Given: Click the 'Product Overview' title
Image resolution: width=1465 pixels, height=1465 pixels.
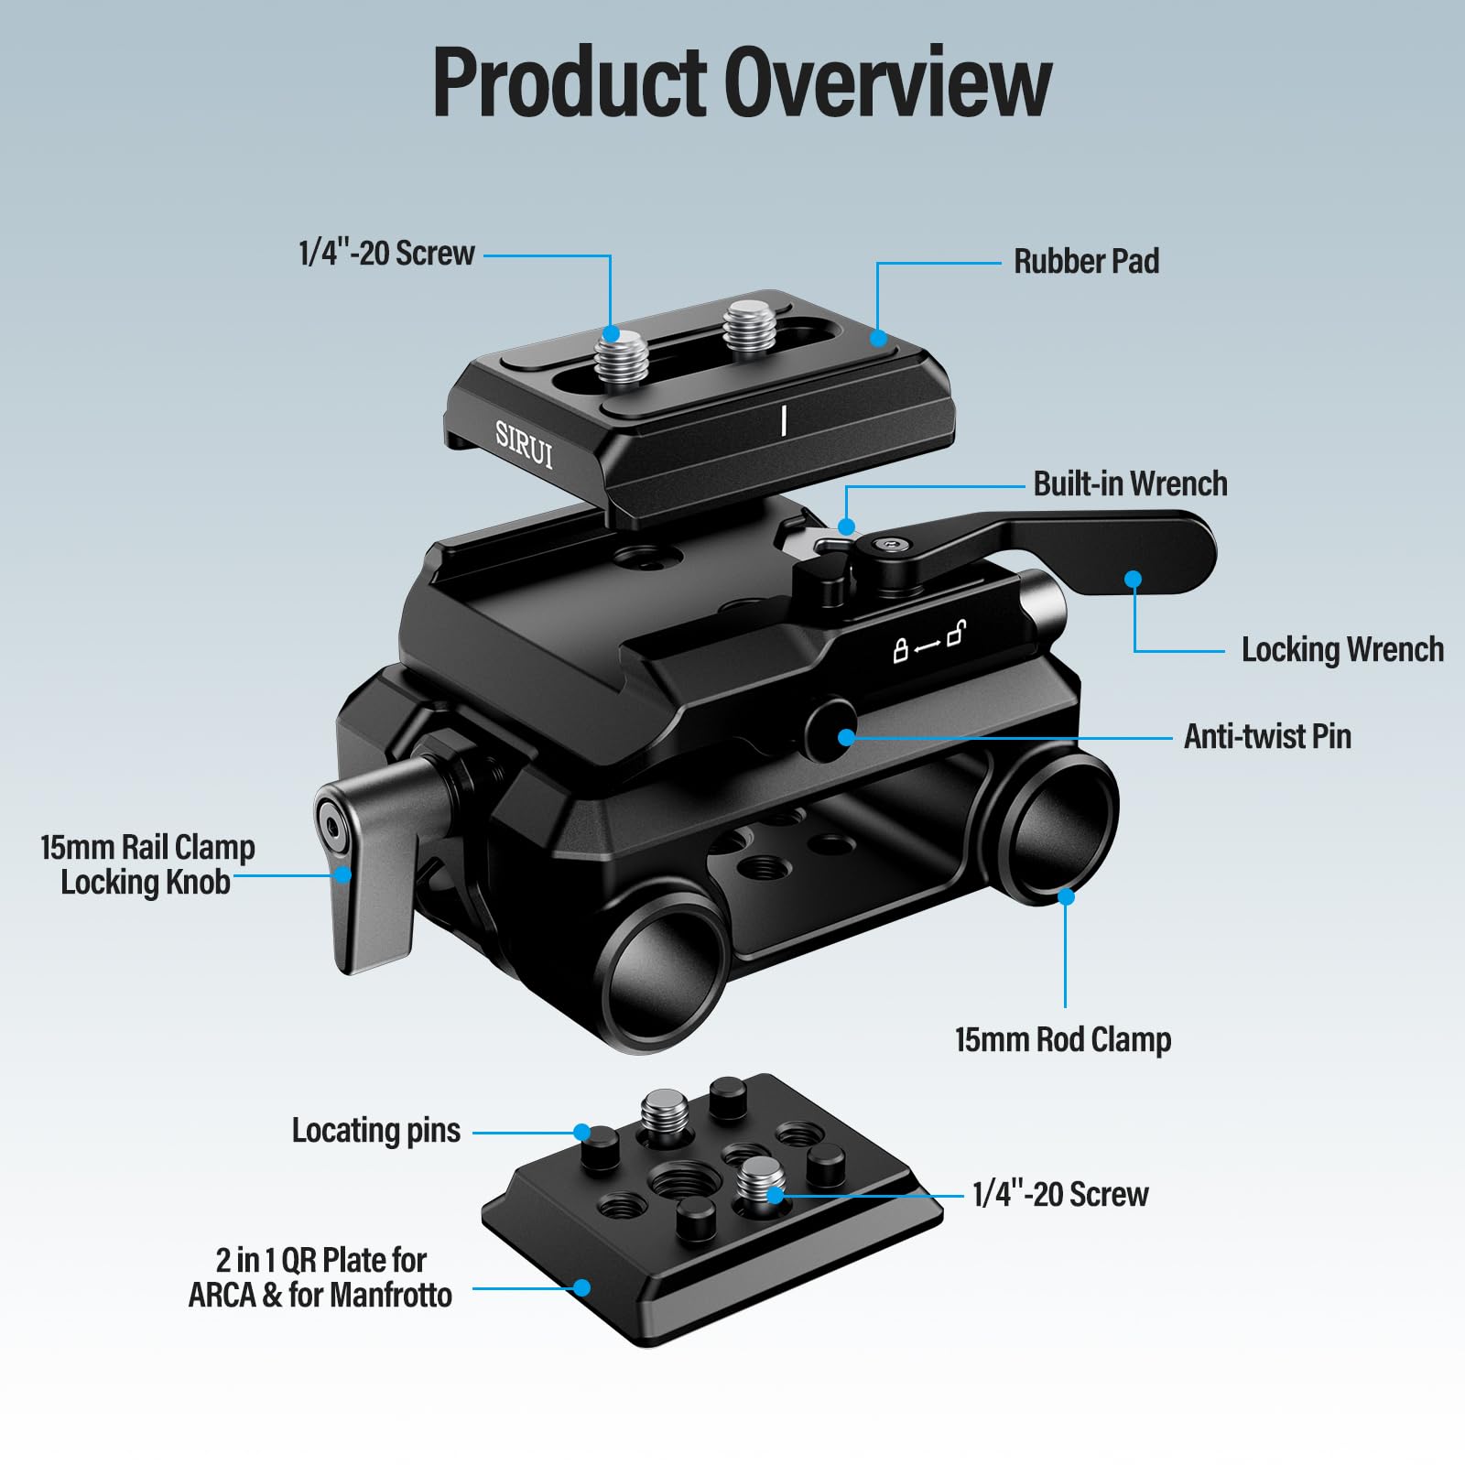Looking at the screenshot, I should (x=741, y=82).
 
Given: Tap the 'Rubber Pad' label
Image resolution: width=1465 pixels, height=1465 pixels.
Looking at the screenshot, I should (x=1086, y=262).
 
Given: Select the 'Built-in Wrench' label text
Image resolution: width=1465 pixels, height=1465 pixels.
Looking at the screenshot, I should (x=1130, y=483).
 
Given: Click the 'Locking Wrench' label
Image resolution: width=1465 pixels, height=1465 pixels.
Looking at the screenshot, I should (x=1341, y=649).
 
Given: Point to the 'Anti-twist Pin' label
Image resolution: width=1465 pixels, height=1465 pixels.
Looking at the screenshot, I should (x=1267, y=736).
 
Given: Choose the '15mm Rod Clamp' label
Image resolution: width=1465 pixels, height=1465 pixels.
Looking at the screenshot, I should (x=1062, y=1039).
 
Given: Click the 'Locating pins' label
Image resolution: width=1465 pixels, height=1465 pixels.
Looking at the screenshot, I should (x=375, y=1131).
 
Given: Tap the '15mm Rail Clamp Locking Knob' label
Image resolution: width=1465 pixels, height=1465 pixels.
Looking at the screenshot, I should (x=146, y=864).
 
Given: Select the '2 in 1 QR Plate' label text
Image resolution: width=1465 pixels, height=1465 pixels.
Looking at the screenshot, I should (x=320, y=1277).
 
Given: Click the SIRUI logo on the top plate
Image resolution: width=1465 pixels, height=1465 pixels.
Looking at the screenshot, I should (x=524, y=445).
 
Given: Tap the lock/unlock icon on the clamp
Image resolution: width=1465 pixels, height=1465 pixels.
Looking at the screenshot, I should (x=928, y=641).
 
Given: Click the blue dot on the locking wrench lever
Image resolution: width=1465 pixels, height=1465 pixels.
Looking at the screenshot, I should (x=1134, y=579).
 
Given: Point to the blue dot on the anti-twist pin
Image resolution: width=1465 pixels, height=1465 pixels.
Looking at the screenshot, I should (x=847, y=736).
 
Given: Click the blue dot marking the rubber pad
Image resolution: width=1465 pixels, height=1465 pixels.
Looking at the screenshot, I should (x=878, y=338).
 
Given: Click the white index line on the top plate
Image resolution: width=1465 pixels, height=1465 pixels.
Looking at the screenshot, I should (x=784, y=420).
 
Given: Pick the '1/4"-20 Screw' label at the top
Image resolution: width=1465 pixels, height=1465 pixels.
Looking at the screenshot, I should (x=386, y=254).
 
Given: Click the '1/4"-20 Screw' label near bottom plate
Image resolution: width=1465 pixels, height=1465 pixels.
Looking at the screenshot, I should (x=1059, y=1194).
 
